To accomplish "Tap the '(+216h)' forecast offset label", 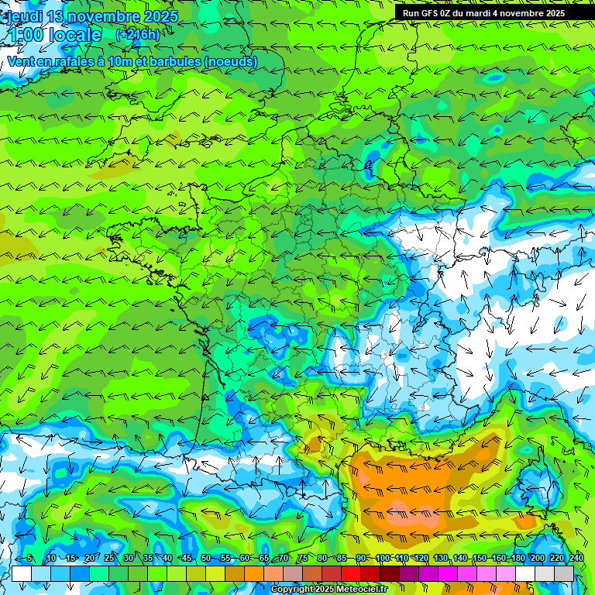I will point(137,34).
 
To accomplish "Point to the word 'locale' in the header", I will point(74,35).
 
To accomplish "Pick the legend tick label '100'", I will point(382,558).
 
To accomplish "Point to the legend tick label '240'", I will point(576,558).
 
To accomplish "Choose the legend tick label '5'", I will point(29,558).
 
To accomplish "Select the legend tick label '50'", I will point(206,558).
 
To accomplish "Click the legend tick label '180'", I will point(518,558).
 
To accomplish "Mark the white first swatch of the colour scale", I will point(22,573).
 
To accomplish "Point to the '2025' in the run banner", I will point(552,13).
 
